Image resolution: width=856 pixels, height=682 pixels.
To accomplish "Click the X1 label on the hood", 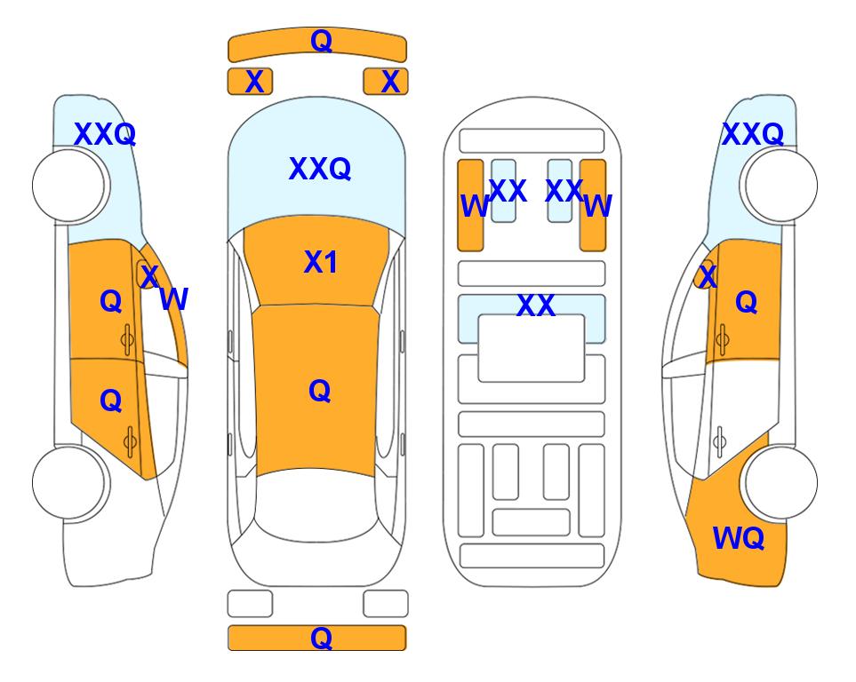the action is (321, 263).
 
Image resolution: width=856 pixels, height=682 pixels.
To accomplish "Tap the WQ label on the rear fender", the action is (738, 538).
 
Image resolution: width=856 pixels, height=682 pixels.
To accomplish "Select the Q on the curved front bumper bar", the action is (321, 41).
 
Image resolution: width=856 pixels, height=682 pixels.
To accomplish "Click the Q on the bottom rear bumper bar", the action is (321, 638).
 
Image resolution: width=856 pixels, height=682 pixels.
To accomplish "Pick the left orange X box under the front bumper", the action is (250, 82).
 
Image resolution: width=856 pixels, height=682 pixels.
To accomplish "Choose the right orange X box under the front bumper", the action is (386, 82).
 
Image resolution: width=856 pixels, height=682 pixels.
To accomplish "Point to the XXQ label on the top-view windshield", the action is (320, 169).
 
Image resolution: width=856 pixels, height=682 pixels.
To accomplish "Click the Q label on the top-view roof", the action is (320, 391).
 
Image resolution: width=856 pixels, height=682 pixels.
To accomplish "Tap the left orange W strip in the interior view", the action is (470, 205).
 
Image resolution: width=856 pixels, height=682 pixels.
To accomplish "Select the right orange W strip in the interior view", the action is (593, 205).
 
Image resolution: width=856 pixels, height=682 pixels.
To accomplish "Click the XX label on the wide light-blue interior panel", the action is (535, 305).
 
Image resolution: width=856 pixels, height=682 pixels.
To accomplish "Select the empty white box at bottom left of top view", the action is (250, 604).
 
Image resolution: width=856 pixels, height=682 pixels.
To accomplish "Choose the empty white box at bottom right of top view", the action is (386, 604).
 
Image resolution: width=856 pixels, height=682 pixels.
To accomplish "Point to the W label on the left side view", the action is (174, 299).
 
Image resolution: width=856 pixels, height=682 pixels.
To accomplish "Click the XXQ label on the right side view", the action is (753, 134).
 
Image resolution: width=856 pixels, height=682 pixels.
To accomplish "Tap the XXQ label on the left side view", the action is (105, 134).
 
